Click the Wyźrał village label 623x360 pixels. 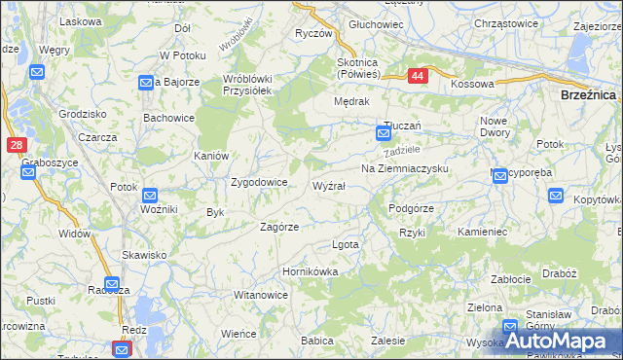[328, 185]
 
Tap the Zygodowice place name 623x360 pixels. [258, 182]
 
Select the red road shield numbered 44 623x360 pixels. [417, 75]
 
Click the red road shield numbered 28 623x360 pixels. [16, 145]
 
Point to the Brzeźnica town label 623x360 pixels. [590, 95]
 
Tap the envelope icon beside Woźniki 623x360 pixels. [150, 196]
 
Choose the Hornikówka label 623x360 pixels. [310, 272]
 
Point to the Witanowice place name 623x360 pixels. [260, 295]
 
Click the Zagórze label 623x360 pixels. [278, 227]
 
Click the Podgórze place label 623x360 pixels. [411, 208]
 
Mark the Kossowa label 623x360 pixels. [472, 85]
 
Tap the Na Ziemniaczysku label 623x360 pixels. [404, 168]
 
